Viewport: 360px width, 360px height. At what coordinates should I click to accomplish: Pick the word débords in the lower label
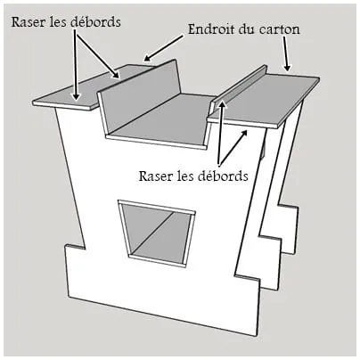[x=223, y=176]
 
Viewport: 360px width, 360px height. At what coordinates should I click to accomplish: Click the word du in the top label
[x=246, y=29]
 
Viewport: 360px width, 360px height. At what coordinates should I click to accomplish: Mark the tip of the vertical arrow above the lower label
[x=222, y=101]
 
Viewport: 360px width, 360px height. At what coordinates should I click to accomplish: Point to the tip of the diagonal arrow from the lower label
[x=247, y=130]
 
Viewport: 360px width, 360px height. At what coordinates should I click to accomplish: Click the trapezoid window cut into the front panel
[x=156, y=233]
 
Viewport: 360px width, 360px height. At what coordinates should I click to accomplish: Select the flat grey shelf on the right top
[x=265, y=101]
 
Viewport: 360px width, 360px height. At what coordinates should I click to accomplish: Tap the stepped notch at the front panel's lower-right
[x=247, y=279]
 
